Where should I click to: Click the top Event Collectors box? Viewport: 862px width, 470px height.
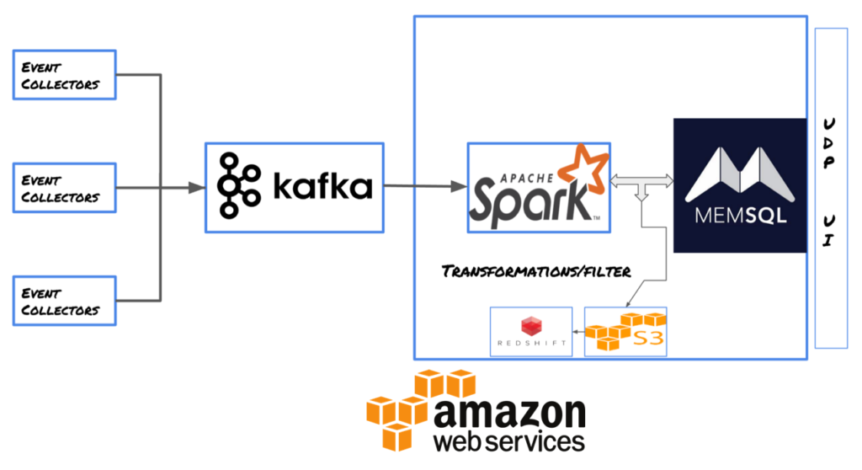[x=65, y=75]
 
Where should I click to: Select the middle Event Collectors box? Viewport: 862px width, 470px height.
[x=65, y=189]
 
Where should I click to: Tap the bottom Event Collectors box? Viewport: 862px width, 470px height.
[x=65, y=301]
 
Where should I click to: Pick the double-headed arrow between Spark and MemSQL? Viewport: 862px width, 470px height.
[x=641, y=179]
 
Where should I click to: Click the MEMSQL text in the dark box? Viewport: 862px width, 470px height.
[x=742, y=216]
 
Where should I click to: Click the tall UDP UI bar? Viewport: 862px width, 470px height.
[x=831, y=188]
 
